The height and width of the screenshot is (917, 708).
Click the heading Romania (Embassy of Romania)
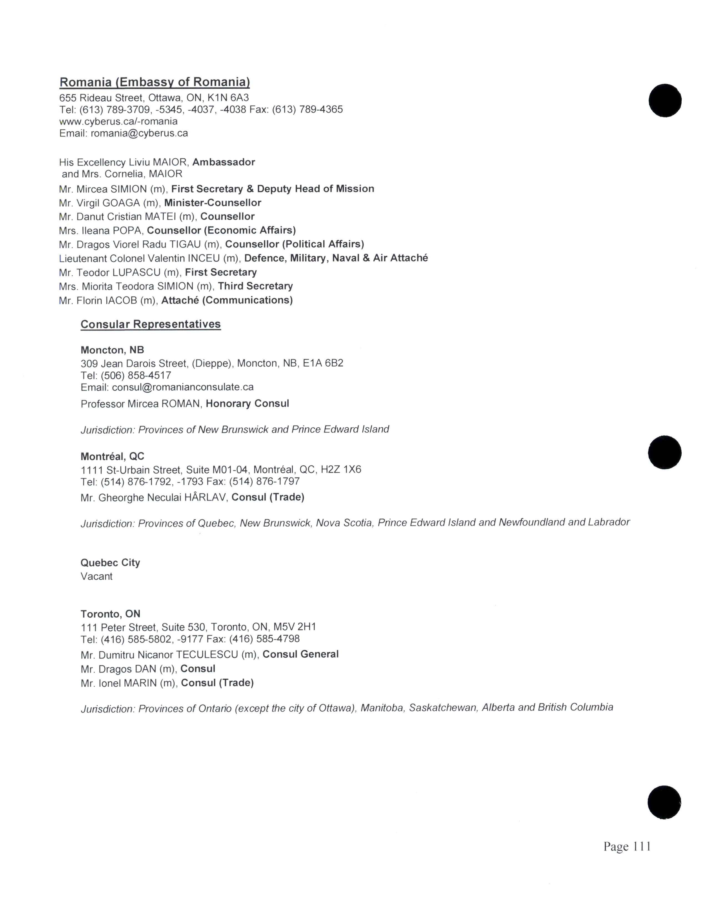click(154, 82)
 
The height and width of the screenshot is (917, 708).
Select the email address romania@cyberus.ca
click(139, 133)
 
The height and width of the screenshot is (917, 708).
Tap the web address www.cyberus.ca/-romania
click(118, 122)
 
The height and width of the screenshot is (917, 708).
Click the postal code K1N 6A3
click(228, 98)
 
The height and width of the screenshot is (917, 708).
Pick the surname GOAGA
click(121, 203)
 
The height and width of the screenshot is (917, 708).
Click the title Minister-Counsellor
click(213, 203)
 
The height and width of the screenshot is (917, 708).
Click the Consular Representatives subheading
click(150, 324)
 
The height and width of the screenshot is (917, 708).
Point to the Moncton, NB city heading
click(112, 350)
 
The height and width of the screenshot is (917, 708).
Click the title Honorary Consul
click(247, 404)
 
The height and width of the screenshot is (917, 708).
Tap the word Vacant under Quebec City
click(96, 577)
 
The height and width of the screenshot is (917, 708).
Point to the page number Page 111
click(627, 846)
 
